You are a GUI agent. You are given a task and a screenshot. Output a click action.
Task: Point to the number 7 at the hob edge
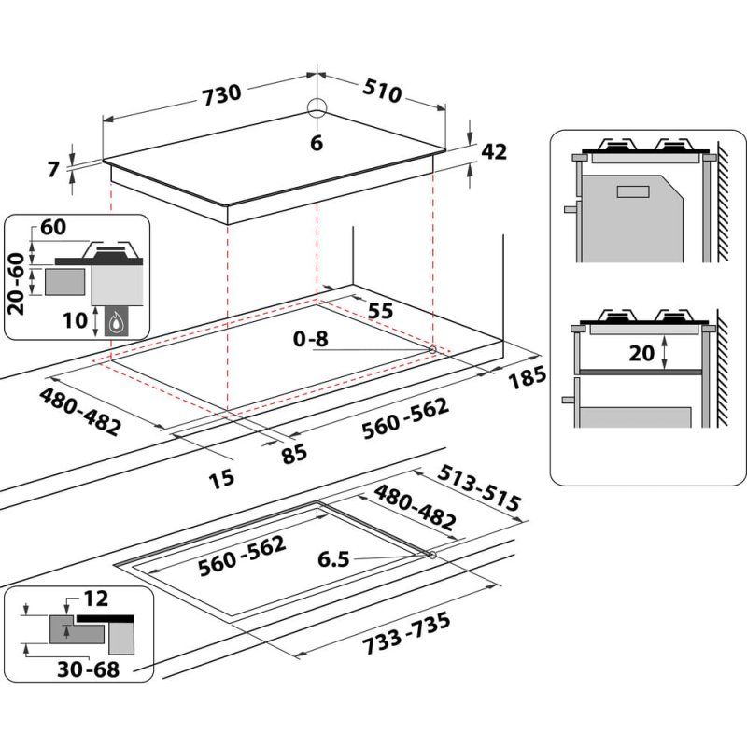point(54,169)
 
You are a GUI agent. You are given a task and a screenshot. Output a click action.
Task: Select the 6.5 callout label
point(332,560)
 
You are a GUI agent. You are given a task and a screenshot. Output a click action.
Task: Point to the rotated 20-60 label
point(16,283)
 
